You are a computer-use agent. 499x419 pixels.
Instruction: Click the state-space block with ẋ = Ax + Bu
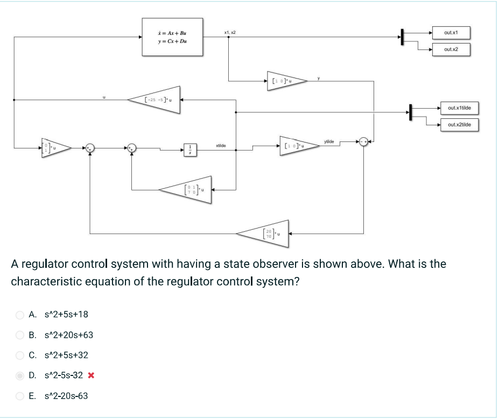pos(172,37)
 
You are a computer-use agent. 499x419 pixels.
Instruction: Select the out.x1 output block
pos(451,32)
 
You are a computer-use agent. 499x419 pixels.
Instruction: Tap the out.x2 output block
pos(451,49)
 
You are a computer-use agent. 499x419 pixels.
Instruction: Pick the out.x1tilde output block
pos(459,108)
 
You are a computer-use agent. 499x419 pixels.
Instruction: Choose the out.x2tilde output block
pos(459,125)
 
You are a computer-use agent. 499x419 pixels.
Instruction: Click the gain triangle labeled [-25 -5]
pos(156,100)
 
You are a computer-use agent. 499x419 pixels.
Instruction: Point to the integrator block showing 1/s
pos(189,150)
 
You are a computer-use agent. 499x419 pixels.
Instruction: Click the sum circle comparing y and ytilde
pos(364,141)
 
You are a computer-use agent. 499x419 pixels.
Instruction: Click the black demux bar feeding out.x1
pos(402,37)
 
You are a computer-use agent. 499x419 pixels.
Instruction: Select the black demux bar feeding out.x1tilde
pos(410,112)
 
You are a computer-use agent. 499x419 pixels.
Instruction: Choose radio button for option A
pos(20,314)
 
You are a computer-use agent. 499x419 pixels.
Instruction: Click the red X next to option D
pos(90,375)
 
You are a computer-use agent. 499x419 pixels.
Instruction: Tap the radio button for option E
pos(20,396)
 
